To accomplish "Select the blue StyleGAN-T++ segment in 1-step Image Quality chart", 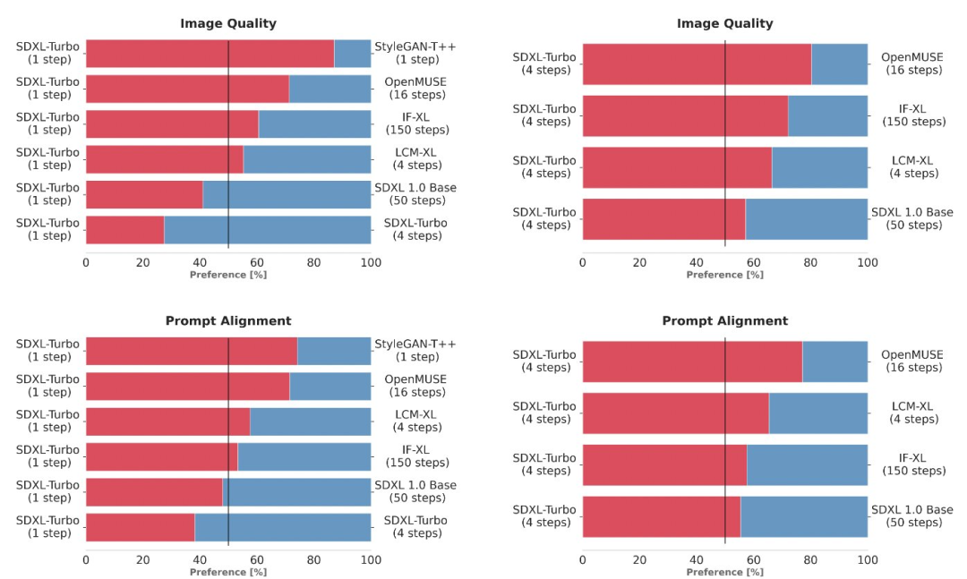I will (353, 54).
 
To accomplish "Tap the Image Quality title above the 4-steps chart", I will (724, 23).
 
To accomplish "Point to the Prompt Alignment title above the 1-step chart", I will (228, 320).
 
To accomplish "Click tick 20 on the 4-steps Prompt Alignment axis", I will (639, 560).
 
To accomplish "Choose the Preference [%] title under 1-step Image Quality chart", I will (228, 275).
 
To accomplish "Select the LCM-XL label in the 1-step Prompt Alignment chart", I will (415, 421).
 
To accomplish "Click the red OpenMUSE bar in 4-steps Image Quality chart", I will (697, 64).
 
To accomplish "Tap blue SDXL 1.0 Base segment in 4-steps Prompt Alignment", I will (804, 516).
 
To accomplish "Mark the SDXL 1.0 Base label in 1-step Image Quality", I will (415, 194).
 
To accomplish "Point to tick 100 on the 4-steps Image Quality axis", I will (868, 262).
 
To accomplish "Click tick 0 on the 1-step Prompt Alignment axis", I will (86, 560).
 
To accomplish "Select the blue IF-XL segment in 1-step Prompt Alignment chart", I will (304, 456).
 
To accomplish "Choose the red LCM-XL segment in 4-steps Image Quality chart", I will (677, 167).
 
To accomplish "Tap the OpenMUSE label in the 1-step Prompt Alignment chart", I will (415, 386).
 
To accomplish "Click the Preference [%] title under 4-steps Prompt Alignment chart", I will (724, 572).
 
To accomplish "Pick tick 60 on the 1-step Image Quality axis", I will (257, 262).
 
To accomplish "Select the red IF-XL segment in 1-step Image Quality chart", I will (172, 123).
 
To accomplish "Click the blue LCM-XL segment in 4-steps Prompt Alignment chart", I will (818, 413).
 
